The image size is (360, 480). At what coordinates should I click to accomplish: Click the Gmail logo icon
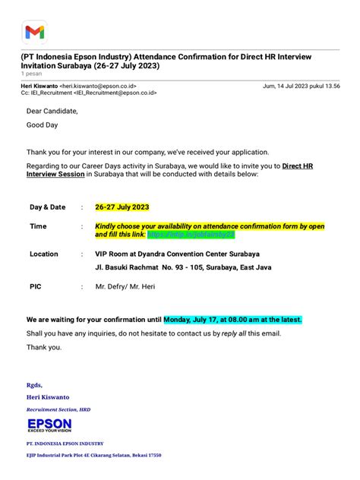coord(34,32)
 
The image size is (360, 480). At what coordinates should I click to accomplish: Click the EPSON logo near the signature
coord(49,426)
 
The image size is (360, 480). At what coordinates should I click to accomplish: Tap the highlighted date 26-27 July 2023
coord(122,207)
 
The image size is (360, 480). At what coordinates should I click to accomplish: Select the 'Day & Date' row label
coord(47,207)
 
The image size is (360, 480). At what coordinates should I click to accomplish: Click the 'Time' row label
coord(38,226)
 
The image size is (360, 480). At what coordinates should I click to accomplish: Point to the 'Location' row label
coord(44,254)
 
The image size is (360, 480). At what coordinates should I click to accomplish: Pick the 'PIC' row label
coord(35,287)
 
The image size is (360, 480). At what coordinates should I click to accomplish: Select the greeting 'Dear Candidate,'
coord(52,110)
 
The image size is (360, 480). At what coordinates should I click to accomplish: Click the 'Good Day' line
coord(43,125)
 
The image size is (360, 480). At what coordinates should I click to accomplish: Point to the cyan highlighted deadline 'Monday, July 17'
coord(232,320)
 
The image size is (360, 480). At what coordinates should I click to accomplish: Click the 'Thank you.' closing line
coord(44,347)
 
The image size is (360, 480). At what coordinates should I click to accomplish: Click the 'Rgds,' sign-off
coord(34,385)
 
